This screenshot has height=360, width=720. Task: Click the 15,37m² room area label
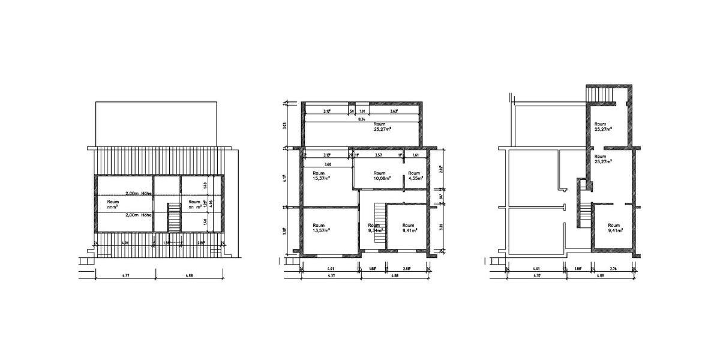(319, 178)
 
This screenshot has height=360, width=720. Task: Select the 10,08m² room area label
(382, 178)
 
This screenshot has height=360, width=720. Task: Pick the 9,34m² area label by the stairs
(375, 230)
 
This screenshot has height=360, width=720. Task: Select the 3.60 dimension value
(328, 164)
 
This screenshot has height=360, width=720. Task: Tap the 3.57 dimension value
(379, 155)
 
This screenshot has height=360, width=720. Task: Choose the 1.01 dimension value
(362, 111)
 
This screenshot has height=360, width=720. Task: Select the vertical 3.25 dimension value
(441, 227)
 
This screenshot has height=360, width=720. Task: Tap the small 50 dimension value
(352, 111)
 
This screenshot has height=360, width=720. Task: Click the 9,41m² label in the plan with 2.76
(614, 230)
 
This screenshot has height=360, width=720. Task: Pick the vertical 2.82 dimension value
(441, 169)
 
